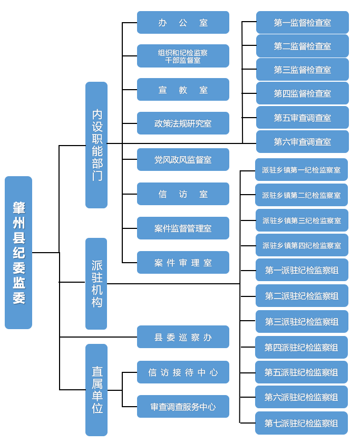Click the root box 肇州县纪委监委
(18, 253)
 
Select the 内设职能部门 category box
(96, 145)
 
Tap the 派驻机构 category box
(96, 284)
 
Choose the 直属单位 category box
(96, 390)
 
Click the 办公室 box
(183, 23)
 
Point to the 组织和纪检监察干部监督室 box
(183, 56)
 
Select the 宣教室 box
(183, 90)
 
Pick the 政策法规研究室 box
(183, 123)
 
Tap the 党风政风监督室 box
(183, 159)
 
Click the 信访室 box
(183, 194)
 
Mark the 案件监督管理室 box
(183, 228)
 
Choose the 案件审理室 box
(183, 263)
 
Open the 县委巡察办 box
(183, 337)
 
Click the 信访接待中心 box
(183, 372)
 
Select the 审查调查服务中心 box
(183, 407)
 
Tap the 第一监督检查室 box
(302, 23)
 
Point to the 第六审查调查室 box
(302, 142)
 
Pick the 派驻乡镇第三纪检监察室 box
(301, 220)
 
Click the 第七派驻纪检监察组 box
(301, 423)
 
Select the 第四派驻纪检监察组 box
(301, 348)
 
